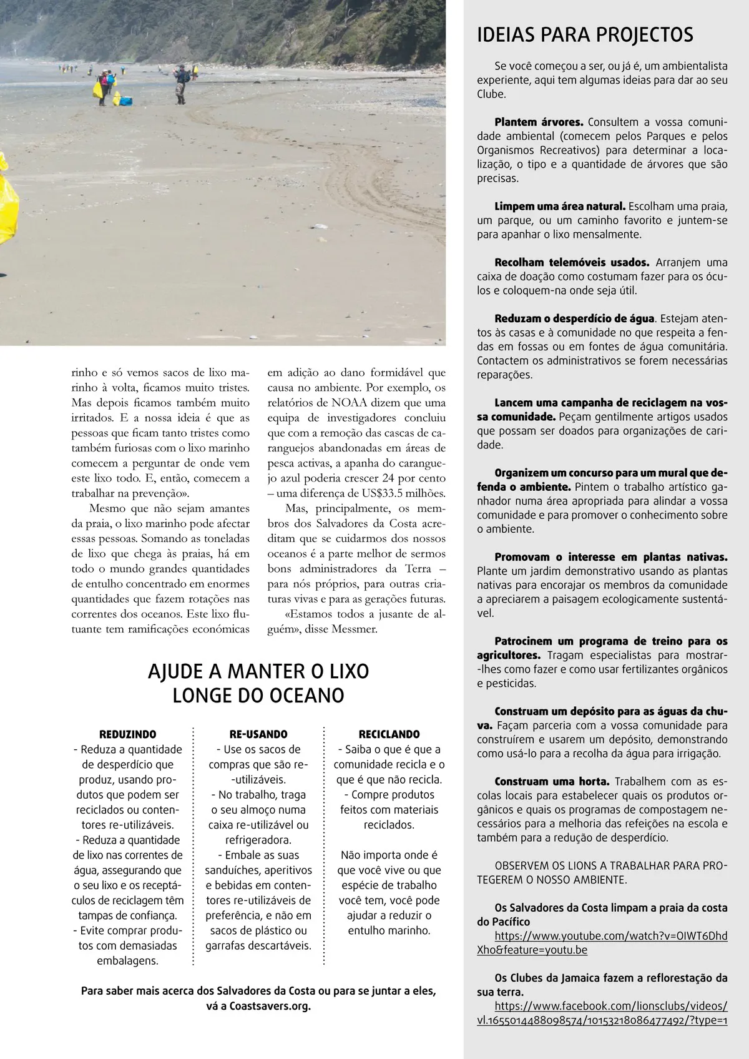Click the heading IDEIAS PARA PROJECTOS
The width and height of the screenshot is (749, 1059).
click(x=585, y=35)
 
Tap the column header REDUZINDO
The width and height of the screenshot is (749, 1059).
click(x=128, y=734)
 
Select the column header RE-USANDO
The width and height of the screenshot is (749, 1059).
click(x=258, y=734)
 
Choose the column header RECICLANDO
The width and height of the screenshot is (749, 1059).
click(x=389, y=734)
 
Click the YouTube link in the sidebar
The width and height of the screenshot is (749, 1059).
click(x=602, y=943)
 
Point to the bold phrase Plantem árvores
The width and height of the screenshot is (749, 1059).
click(x=539, y=122)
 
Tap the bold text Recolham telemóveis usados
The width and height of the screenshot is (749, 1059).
click(x=572, y=263)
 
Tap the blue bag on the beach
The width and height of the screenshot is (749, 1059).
click(x=127, y=100)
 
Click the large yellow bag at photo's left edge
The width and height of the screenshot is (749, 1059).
click(x=7, y=206)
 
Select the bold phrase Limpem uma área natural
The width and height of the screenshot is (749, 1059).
click(x=559, y=206)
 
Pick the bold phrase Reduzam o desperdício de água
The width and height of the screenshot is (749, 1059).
click(x=574, y=319)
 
